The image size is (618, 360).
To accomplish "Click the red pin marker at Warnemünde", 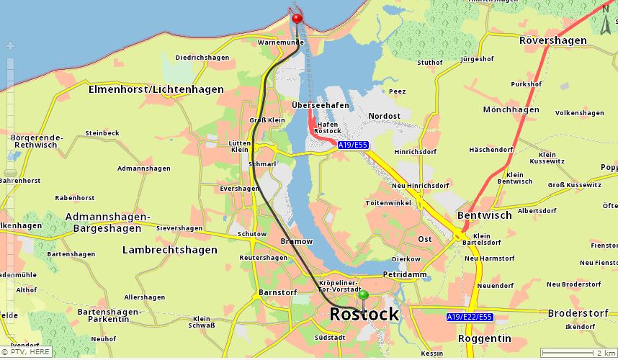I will coord(297,18).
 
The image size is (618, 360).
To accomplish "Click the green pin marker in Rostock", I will coord(363,295).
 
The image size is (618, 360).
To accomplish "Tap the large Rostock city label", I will coord(364,315).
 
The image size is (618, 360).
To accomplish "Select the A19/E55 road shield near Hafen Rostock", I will coord(353,145).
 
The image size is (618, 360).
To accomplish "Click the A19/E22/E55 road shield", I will coord(469,317).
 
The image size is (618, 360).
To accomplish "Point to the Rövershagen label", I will coord(553,40).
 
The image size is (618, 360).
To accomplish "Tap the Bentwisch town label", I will coord(484,215).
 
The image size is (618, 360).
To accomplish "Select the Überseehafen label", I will coord(321,105).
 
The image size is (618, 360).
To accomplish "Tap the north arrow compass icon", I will coord(606,26).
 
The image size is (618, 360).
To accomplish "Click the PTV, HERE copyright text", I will coord(26,352).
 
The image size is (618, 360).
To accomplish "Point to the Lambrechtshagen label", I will coord(169,250).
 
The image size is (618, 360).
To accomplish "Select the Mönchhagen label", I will coord(511,110).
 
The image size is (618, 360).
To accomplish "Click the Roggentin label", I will coord(484,338).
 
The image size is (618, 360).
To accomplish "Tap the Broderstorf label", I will coord(579,313).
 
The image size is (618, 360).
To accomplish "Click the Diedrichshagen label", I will coord(202,58).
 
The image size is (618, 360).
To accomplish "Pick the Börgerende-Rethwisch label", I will coord(37,141).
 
